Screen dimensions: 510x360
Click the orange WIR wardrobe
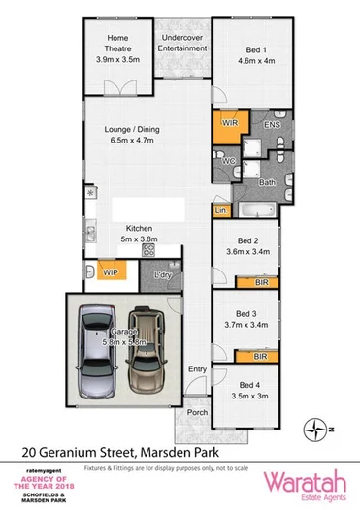230,125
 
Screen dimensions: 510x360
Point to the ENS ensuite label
273,124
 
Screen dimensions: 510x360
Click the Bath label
268,182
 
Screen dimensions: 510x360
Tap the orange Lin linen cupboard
220,210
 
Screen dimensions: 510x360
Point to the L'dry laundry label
162,277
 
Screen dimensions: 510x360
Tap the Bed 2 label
246,241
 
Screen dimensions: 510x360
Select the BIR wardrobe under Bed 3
259,357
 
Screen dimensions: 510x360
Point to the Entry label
197,369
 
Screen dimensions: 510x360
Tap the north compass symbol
315,426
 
